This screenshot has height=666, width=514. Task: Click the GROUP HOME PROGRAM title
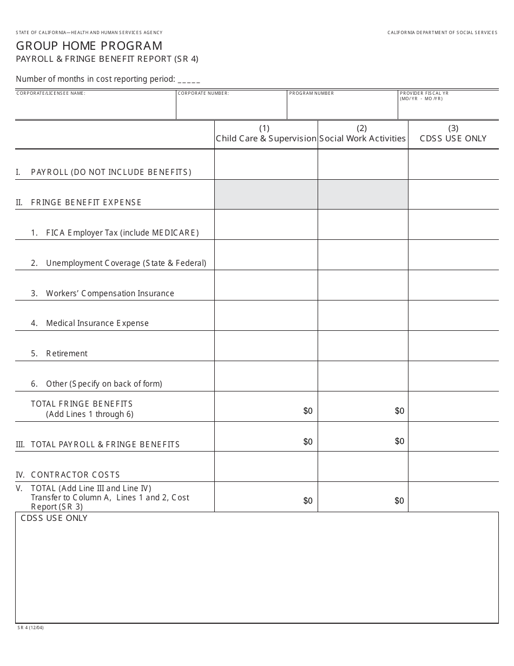pyautogui.click(x=89, y=46)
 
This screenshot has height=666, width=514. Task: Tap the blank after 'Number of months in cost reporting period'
pyautogui.click(x=189, y=80)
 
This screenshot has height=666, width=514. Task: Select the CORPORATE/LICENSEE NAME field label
pyautogui.click(x=51, y=93)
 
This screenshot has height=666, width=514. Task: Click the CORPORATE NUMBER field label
pyautogui.click(x=203, y=93)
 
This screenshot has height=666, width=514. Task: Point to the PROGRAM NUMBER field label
pyautogui.click(x=312, y=93)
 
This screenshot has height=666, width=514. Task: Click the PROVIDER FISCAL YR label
pyautogui.click(x=424, y=93)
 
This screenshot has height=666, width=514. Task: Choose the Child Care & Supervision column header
pyautogui.click(x=266, y=138)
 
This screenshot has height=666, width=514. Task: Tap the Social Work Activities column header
pyautogui.click(x=362, y=138)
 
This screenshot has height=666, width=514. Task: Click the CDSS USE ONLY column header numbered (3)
pyautogui.click(x=453, y=138)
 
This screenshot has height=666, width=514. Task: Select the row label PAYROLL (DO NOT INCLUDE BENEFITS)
pyautogui.click(x=111, y=172)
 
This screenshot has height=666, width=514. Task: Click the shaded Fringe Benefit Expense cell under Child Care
pyautogui.click(x=266, y=194)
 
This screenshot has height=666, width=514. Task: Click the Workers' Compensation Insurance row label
pyautogui.click(x=110, y=293)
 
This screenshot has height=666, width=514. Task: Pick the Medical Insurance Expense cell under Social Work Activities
pyautogui.click(x=363, y=316)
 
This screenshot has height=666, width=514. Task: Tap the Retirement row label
pyautogui.click(x=67, y=354)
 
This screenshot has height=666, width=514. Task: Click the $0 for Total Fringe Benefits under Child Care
pyautogui.click(x=308, y=411)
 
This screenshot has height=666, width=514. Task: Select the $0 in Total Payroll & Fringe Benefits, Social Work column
pyautogui.click(x=399, y=441)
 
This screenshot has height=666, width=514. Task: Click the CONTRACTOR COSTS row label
pyautogui.click(x=75, y=475)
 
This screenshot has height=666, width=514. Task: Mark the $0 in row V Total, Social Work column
pyautogui.click(x=399, y=501)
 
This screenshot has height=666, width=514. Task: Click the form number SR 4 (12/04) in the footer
pyautogui.click(x=30, y=628)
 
